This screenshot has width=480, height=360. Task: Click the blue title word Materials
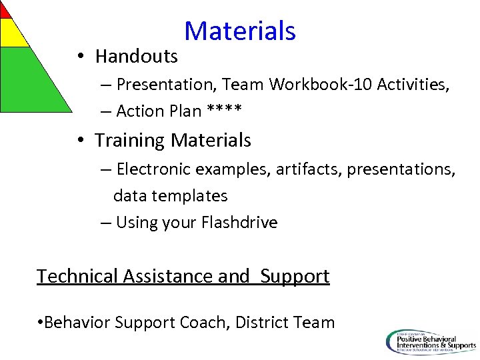click(x=239, y=31)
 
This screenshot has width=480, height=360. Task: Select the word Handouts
click(x=136, y=57)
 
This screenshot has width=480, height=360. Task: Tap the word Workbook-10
click(x=321, y=84)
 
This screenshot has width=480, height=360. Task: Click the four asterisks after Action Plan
click(x=224, y=111)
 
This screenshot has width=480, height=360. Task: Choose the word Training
click(x=129, y=141)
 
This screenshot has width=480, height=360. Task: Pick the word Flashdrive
click(x=238, y=223)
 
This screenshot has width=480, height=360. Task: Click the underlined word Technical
click(x=78, y=276)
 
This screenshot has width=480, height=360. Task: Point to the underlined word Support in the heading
click(x=295, y=276)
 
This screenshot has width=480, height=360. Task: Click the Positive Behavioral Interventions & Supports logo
click(x=431, y=341)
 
